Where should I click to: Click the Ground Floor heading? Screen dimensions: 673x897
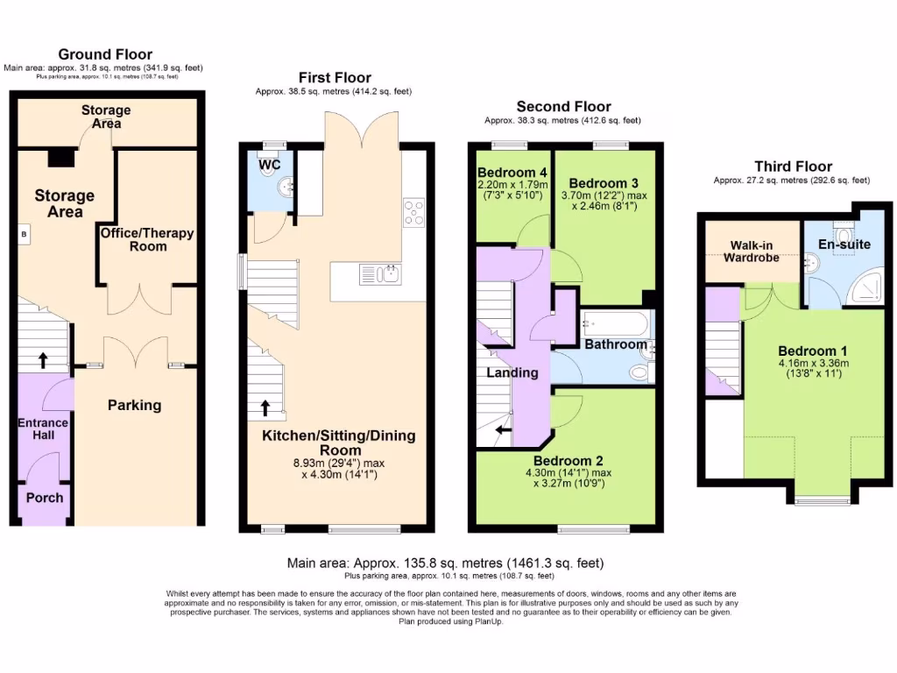coord(104,54)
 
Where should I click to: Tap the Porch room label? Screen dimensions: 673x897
coord(44,498)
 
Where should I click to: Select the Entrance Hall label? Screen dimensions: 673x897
coord(43,429)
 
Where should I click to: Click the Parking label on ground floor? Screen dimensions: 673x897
coord(134,405)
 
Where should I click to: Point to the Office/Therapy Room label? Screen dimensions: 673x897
coord(146,240)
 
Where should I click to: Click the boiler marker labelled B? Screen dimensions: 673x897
coord(24,235)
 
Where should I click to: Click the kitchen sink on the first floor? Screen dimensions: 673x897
coord(385,274)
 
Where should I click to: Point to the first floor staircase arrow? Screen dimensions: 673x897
coord(264,408)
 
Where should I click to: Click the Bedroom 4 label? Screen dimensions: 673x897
coord(512,172)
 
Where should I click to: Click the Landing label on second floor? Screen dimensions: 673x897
coord(512,372)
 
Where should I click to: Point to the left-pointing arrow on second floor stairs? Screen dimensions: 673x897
coord(504,430)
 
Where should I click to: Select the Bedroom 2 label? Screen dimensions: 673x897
coord(569,461)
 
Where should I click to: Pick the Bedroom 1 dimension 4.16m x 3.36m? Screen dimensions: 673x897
coord(813,363)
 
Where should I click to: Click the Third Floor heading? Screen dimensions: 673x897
coord(793,166)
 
